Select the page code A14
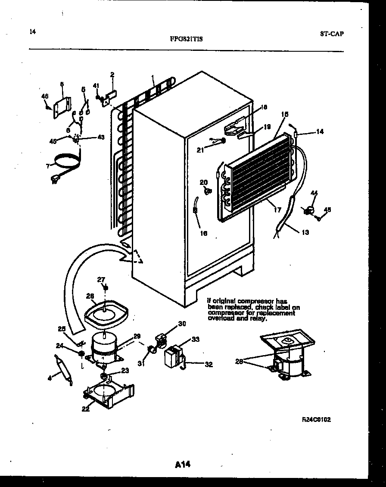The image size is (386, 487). [183, 464]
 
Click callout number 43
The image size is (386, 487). [101, 137]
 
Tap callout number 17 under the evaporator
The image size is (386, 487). [277, 210]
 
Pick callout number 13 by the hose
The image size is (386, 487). [305, 232]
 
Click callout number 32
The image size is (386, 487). [209, 365]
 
